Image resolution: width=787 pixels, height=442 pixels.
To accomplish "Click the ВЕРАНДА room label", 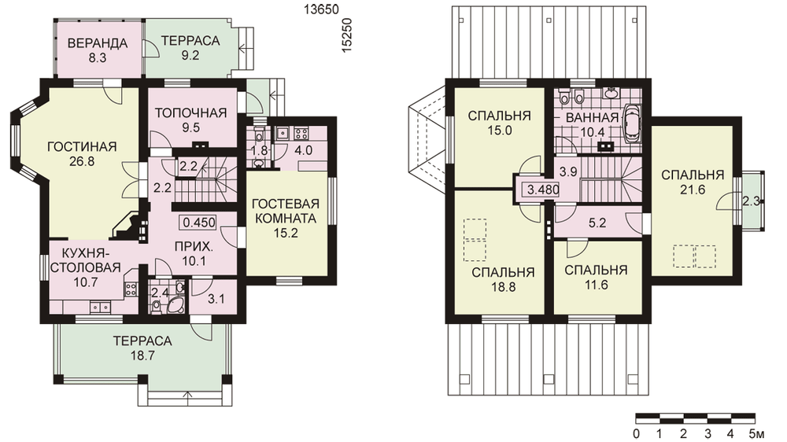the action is [98, 43].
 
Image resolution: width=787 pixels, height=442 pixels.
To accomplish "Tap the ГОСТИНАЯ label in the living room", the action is [82, 147].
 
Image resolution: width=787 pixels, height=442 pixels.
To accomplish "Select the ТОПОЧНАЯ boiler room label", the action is [190, 113].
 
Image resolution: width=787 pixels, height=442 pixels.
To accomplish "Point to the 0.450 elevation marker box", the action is [199, 223].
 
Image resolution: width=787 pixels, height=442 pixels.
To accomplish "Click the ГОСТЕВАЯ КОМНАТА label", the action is [286, 212].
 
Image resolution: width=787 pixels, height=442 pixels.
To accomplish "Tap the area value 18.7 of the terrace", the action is [142, 355].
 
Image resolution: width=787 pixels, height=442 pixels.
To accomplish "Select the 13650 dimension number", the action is [322, 9].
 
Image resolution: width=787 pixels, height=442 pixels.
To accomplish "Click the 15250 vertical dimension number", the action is [347, 35].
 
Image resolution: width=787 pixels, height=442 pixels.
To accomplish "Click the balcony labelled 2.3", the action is [750, 201].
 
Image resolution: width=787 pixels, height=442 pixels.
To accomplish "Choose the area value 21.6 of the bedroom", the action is [693, 190].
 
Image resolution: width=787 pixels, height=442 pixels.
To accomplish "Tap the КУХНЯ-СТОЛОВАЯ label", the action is [85, 260].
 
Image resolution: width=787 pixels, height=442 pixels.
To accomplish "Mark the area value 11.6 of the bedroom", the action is [596, 285].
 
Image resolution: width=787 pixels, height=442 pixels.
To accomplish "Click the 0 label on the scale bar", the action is [637, 433].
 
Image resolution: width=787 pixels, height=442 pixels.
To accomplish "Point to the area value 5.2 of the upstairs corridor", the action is [597, 223].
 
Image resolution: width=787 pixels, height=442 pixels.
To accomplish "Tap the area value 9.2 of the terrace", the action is [190, 55].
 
